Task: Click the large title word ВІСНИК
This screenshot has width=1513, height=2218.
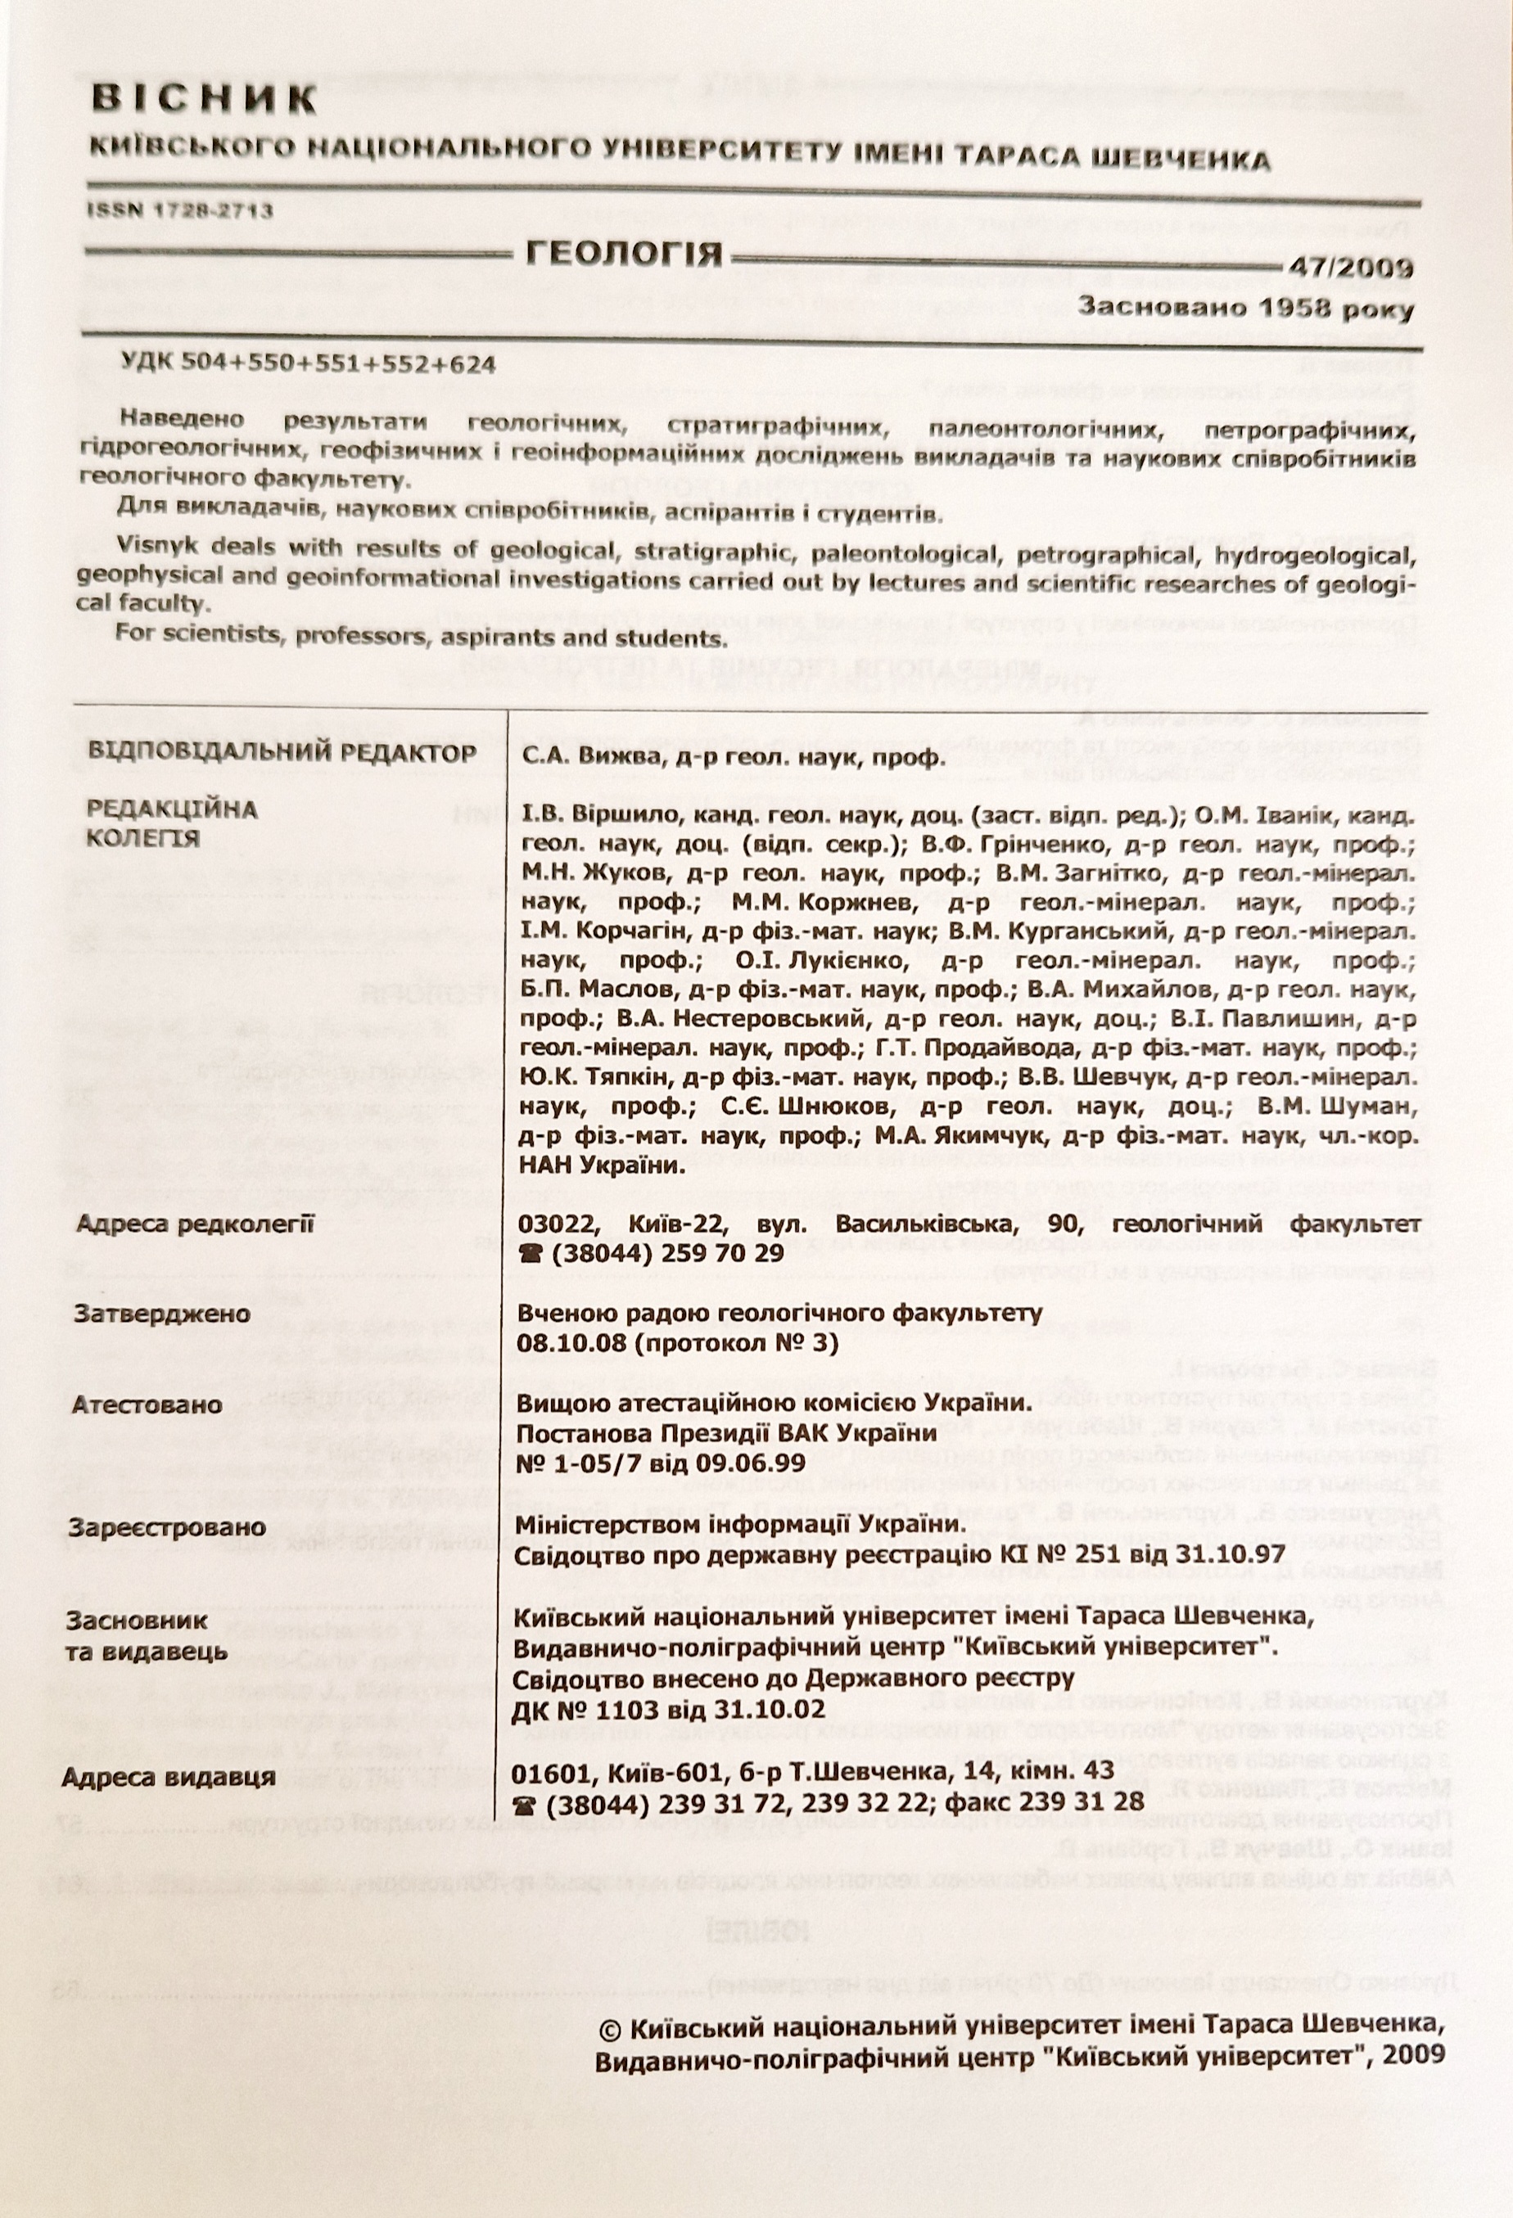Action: point(205,99)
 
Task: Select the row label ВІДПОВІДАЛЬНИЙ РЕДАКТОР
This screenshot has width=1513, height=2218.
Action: point(281,752)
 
